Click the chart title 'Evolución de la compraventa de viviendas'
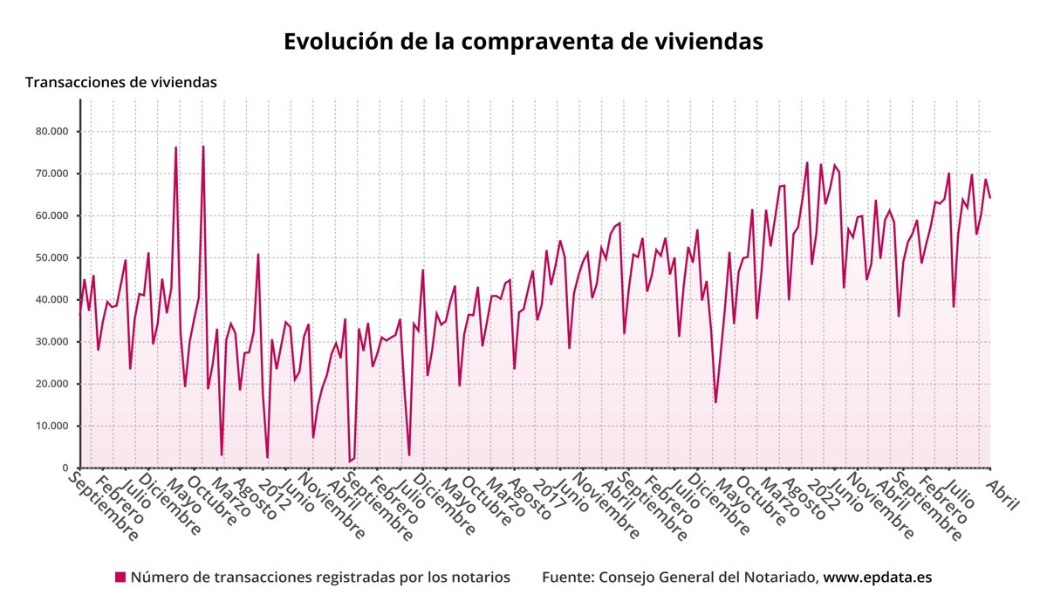523,41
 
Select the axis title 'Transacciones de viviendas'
121,82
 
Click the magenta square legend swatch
120,577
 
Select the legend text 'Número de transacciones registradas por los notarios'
320,577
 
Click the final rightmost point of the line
990,198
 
